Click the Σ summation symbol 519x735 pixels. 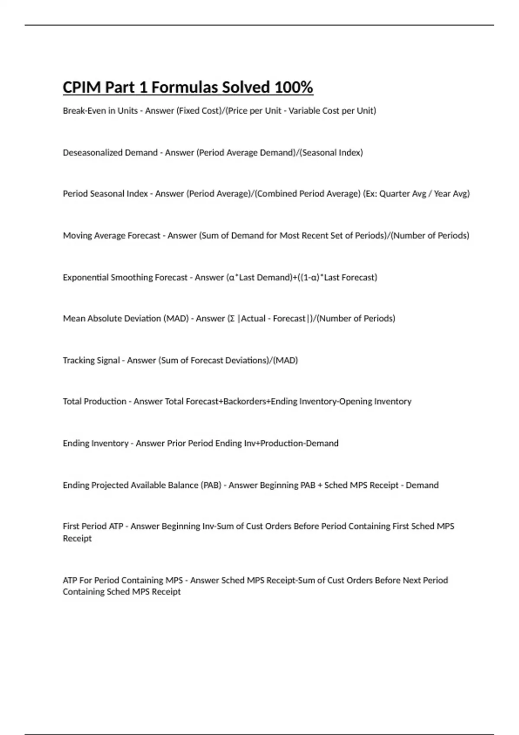(x=232, y=319)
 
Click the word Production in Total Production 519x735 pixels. (x=105, y=402)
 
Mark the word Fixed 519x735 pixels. (x=188, y=111)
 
